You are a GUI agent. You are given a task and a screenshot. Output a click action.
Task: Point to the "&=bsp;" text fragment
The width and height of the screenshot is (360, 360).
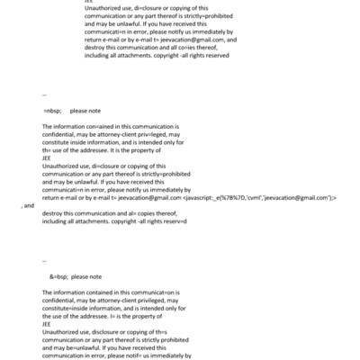pyautogui.click(x=58, y=277)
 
